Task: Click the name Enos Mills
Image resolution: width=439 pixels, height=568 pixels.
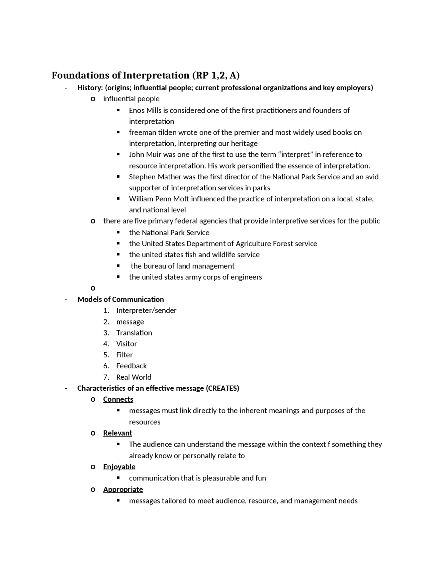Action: (x=142, y=110)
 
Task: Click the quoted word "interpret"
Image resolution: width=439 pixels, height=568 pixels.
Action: (x=295, y=154)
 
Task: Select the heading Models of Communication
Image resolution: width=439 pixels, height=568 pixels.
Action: (x=120, y=299)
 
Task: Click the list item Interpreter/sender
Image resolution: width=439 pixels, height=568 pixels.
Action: (x=146, y=310)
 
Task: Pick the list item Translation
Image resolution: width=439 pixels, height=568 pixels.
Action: (x=134, y=333)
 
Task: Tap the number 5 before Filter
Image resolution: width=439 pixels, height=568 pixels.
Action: (x=106, y=355)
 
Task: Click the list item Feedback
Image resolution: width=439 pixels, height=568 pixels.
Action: (x=131, y=366)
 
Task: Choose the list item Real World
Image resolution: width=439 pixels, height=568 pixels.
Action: (x=133, y=377)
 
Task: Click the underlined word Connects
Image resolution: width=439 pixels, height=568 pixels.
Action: (x=118, y=399)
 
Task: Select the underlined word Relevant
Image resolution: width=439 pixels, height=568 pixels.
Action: (x=117, y=433)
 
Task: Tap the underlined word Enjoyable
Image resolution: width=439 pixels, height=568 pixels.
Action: (x=119, y=467)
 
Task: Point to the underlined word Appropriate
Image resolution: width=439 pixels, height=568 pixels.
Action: (x=123, y=489)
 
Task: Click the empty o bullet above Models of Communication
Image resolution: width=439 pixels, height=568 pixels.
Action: (x=93, y=288)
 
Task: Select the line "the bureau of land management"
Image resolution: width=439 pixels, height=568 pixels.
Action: (x=182, y=266)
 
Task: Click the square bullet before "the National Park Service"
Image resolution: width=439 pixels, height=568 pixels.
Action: (x=118, y=233)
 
